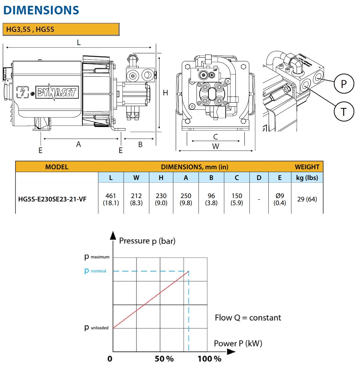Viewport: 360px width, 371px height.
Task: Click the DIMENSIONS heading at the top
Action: pyautogui.click(x=41, y=10)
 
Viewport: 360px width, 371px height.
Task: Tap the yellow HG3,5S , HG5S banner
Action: pyautogui.click(x=61, y=29)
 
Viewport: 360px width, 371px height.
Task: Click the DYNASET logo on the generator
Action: pyautogui.click(x=57, y=92)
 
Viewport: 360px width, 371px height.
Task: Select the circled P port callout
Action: pyautogui.click(x=344, y=84)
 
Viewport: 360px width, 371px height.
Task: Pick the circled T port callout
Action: pyautogui.click(x=344, y=112)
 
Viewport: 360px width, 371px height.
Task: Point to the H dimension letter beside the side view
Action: pyautogui.click(x=166, y=93)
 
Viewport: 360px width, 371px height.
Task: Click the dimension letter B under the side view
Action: pyautogui.click(x=140, y=145)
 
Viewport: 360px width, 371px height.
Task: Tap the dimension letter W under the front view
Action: pyautogui.click(x=216, y=147)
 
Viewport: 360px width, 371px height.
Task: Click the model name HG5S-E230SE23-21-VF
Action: pyautogui.click(x=52, y=199)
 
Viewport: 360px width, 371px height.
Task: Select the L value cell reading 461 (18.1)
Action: pyautogui.click(x=111, y=199)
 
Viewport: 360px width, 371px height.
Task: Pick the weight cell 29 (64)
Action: pyautogui.click(x=307, y=199)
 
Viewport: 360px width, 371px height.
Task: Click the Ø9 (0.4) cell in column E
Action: pyautogui.click(x=280, y=199)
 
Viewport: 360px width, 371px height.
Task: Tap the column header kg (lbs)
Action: pyautogui.click(x=307, y=178)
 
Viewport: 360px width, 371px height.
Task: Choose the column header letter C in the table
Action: pyautogui.click(x=237, y=178)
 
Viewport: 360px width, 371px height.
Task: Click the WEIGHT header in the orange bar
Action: pyautogui.click(x=307, y=167)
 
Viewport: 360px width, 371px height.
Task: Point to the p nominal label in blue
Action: pyautogui.click(x=95, y=271)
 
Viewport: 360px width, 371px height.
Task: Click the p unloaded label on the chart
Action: pyautogui.click(x=96, y=328)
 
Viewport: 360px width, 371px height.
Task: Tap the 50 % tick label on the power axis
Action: pyautogui.click(x=164, y=359)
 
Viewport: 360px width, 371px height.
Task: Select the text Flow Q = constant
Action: pyautogui.click(x=248, y=318)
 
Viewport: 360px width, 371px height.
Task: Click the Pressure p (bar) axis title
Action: pyautogui.click(x=147, y=241)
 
